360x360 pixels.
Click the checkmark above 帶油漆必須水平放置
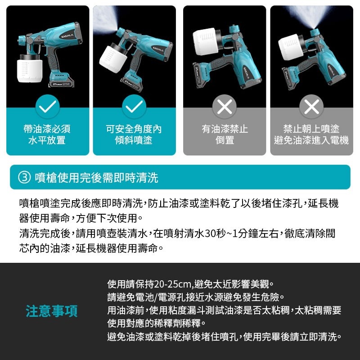pos(47,107)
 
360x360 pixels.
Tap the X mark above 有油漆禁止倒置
pos(224,107)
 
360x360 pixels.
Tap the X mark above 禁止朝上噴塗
pos(311,107)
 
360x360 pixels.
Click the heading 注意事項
pos(51,310)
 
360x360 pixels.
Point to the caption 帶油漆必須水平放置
pos(47,135)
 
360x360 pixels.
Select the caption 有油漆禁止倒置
pos(224,135)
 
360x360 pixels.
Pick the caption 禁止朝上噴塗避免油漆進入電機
pos(311,135)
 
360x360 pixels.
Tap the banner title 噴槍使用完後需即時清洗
pos(96,177)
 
